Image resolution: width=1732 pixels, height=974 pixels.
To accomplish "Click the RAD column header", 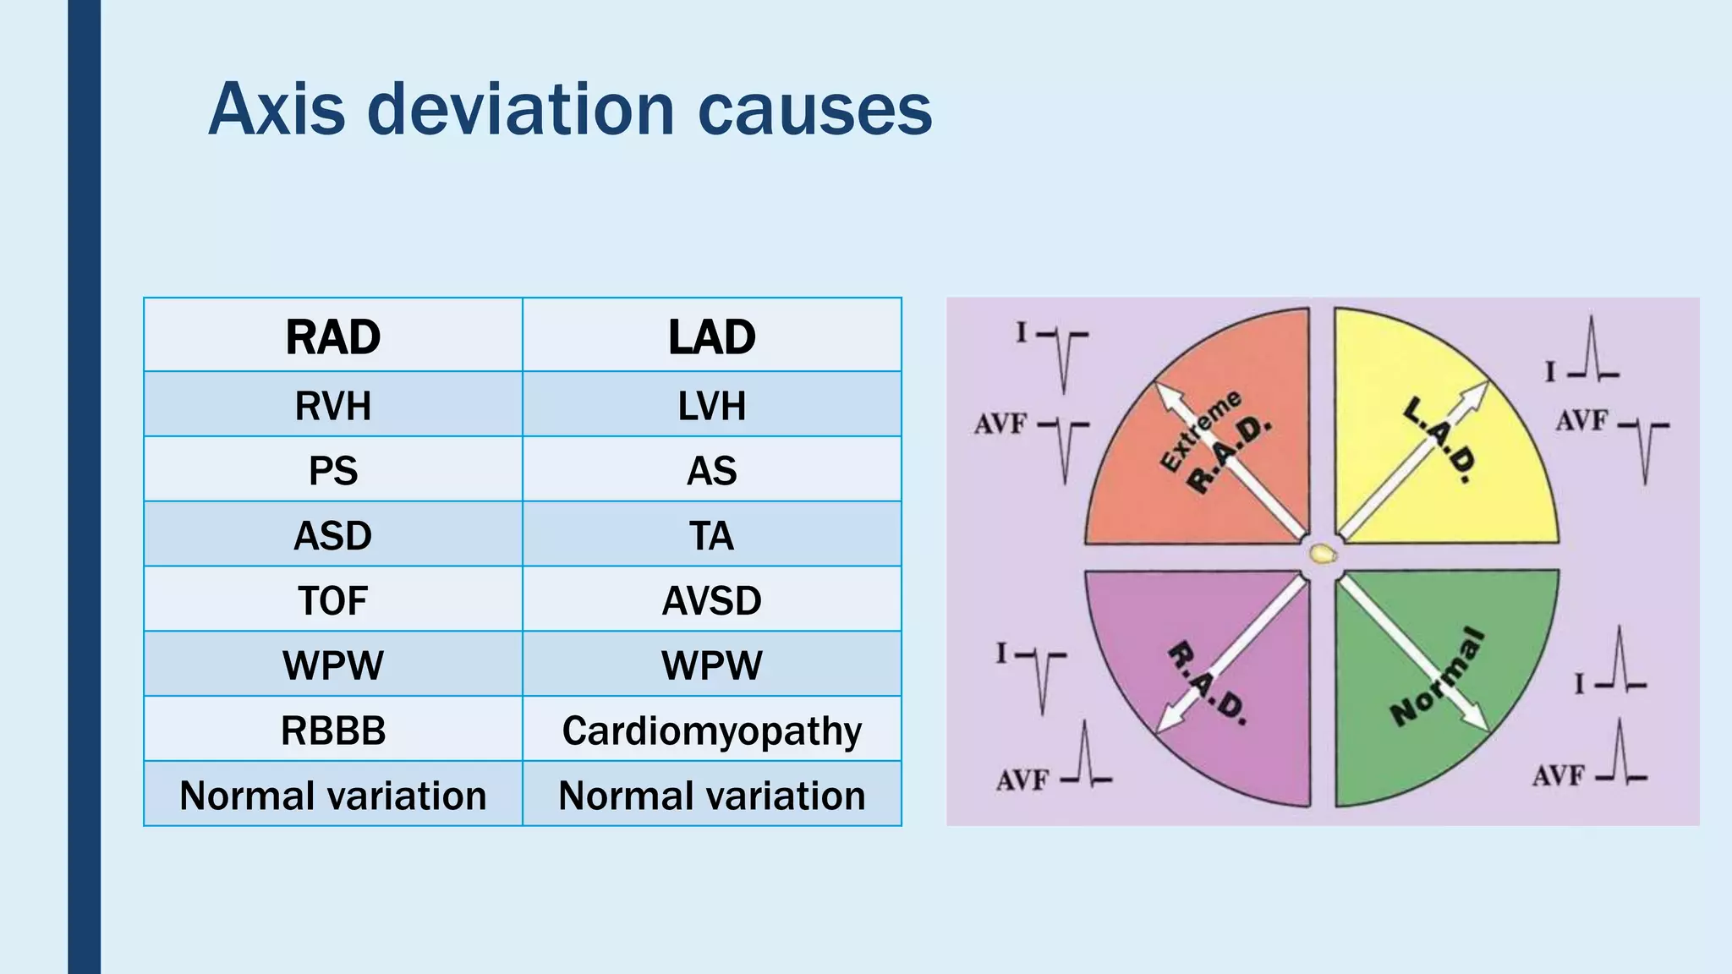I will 333,337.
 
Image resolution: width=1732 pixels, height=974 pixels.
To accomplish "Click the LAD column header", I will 712,337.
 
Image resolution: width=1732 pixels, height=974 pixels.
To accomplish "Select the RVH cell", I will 333,405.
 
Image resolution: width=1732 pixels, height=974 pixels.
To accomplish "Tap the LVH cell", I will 712,405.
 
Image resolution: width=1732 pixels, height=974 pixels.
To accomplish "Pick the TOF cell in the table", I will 333,600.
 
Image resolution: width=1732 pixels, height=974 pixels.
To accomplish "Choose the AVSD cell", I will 712,600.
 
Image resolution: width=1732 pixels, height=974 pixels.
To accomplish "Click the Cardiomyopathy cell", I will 712,730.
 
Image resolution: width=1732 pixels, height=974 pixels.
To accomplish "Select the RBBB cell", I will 333,730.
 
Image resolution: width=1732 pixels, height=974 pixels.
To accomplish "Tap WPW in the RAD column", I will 333,665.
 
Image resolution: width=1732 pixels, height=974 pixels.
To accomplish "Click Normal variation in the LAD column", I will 712,796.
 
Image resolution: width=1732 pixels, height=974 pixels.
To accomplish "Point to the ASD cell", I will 333,535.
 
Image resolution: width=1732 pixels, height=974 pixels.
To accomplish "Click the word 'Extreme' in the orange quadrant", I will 1199,430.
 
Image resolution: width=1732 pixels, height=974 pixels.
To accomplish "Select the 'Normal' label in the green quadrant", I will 1438,676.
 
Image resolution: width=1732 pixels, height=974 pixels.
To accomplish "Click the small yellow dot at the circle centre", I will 1323,555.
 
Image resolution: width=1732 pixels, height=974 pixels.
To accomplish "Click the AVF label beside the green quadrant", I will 1558,774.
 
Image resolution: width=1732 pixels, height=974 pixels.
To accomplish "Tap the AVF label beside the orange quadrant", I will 1000,423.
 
